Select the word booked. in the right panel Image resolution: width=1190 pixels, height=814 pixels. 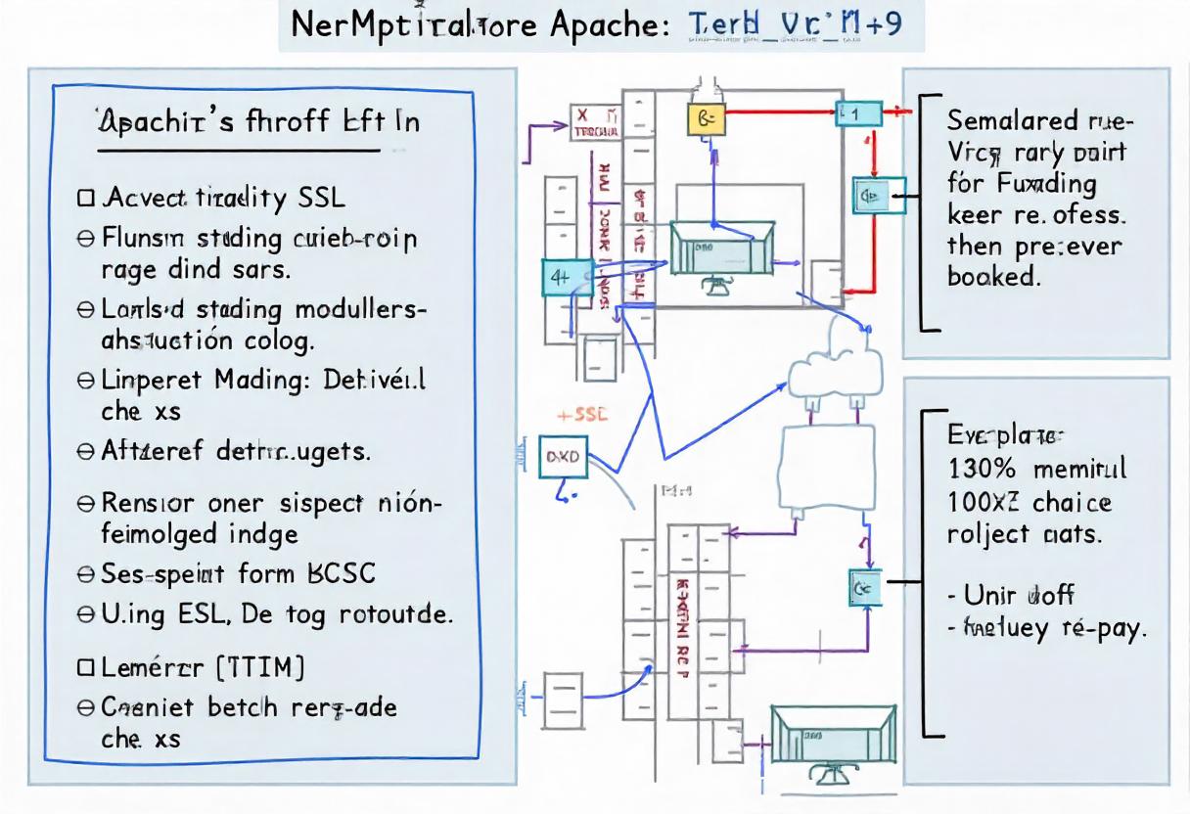click(990, 276)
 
